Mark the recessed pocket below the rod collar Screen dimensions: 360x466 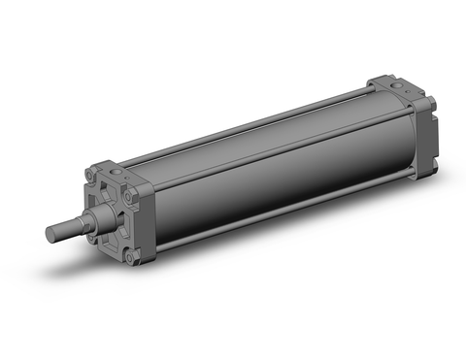point(109,237)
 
